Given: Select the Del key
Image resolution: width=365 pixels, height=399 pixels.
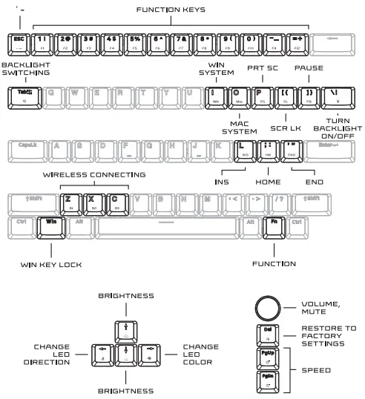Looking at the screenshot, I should tap(267, 334).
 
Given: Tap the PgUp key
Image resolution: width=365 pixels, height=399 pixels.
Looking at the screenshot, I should tap(267, 360).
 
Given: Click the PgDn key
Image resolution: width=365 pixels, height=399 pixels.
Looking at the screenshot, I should tap(267, 382).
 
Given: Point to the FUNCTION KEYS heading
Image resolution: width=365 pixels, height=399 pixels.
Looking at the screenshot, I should tap(168, 10).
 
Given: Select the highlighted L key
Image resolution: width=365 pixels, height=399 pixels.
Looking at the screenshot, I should tap(243, 150).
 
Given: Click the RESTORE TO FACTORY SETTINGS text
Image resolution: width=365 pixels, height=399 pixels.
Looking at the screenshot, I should tap(329, 335).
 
